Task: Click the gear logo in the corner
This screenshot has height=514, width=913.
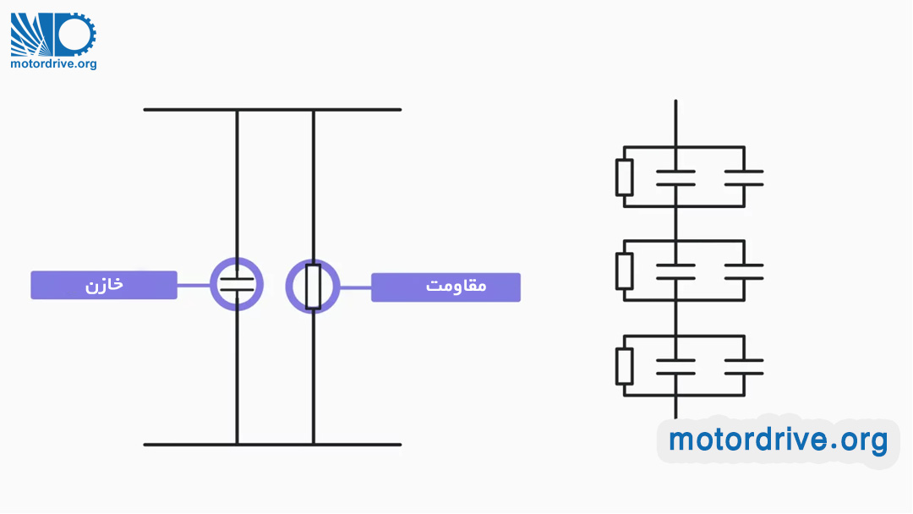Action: tap(52, 34)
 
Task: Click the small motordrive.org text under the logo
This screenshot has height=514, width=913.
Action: tap(53, 63)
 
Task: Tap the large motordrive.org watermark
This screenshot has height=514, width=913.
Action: tap(778, 440)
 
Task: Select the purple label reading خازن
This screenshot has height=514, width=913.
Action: tap(104, 285)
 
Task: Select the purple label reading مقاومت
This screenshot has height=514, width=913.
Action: tap(446, 287)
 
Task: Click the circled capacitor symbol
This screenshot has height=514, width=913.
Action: tap(237, 284)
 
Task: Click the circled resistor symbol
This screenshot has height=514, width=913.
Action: tap(313, 286)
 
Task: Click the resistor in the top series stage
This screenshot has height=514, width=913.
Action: tap(624, 177)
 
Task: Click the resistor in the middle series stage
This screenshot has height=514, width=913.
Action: tap(624, 271)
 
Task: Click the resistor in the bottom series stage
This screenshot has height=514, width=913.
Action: tap(624, 365)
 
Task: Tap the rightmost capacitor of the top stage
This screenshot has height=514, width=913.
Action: tap(744, 178)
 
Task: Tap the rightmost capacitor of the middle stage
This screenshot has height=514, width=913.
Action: tap(744, 271)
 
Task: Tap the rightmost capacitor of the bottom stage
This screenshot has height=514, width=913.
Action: tap(744, 366)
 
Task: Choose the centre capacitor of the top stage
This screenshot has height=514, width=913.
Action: tap(675, 178)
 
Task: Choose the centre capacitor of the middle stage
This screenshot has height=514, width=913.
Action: tap(675, 271)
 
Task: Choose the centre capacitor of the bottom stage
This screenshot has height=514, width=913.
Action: tap(675, 366)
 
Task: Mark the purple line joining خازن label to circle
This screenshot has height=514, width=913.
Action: tap(194, 285)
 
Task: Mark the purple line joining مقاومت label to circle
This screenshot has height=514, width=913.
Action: tap(355, 287)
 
